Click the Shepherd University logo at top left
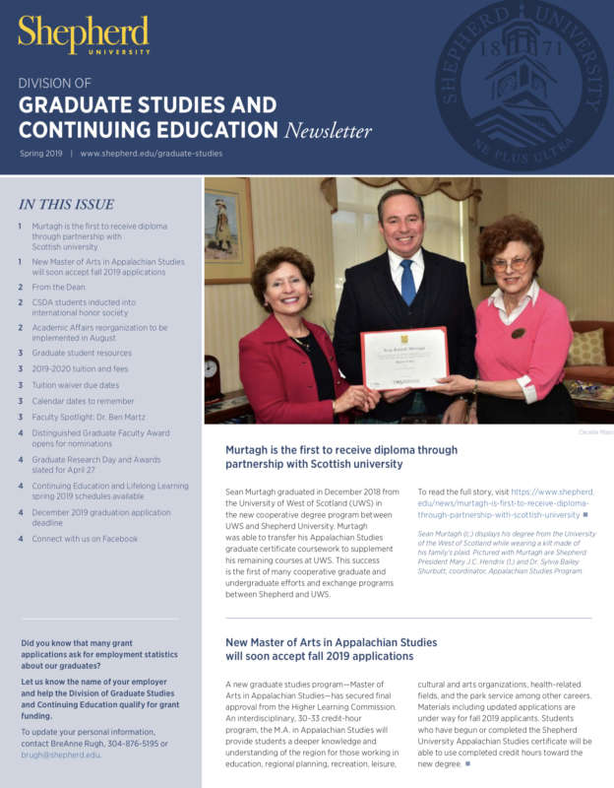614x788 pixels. (84, 34)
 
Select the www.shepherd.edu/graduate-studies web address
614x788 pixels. (152, 154)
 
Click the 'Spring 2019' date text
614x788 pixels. (40, 154)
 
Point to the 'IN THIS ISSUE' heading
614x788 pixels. (66, 205)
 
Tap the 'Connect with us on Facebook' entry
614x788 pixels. (85, 539)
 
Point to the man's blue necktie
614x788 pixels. (407, 281)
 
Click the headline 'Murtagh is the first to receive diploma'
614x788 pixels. (341, 450)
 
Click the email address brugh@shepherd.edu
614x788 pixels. (60, 755)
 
